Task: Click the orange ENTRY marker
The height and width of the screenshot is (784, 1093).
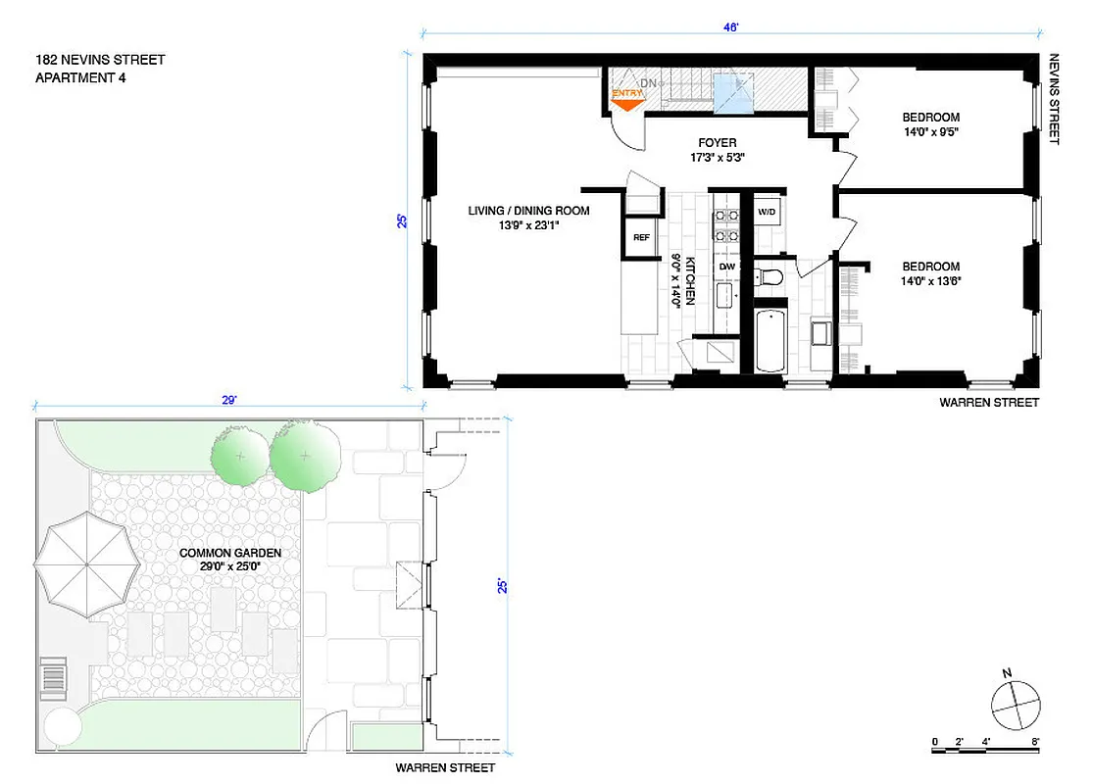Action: pos(626,95)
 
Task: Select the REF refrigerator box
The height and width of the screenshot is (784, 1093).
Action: pos(641,237)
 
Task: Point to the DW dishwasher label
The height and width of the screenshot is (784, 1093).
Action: pos(726,266)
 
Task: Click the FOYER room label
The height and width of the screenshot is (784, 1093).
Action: pos(717,143)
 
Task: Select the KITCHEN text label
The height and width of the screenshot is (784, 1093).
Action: pos(690,281)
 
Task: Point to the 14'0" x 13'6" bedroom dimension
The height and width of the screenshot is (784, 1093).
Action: pos(930,281)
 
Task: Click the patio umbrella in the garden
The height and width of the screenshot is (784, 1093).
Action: pos(82,563)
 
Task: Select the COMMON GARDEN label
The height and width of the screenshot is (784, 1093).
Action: pos(230,554)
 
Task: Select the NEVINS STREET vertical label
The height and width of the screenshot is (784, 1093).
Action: pos(1055,99)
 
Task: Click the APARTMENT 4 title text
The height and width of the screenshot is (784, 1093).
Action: pos(80,78)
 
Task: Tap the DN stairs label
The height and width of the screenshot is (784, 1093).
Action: pos(648,84)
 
